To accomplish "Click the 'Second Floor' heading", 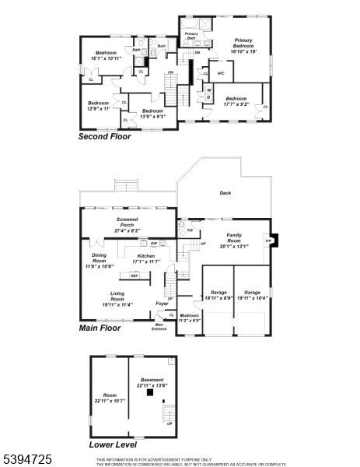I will pyautogui.click(x=104, y=136).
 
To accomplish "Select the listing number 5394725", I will pyautogui.click(x=27, y=460).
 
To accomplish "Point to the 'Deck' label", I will pyautogui.click(x=225, y=193).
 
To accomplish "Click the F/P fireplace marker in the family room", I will pyautogui.click(x=269, y=241).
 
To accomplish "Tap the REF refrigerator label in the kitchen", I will pyautogui.click(x=134, y=276).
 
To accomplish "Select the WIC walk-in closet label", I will pyautogui.click(x=220, y=74).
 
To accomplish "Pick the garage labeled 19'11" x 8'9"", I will pyautogui.click(x=218, y=295).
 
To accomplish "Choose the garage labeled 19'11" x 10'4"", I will pyautogui.click(x=253, y=295).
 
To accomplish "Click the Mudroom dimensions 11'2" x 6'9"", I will pyautogui.click(x=190, y=319).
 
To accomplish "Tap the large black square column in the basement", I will pyautogui.click(x=148, y=393).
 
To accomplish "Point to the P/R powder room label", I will pyautogui.click(x=190, y=230).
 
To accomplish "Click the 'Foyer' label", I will pyautogui.click(x=162, y=304).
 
